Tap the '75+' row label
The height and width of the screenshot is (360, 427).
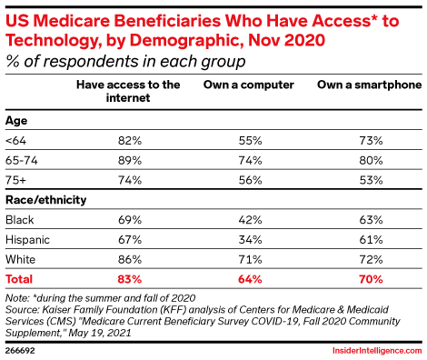(16, 179)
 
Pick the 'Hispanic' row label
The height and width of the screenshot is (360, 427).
(26, 238)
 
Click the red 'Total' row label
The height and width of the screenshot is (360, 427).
(20, 277)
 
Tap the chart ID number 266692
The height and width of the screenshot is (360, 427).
(22, 348)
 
